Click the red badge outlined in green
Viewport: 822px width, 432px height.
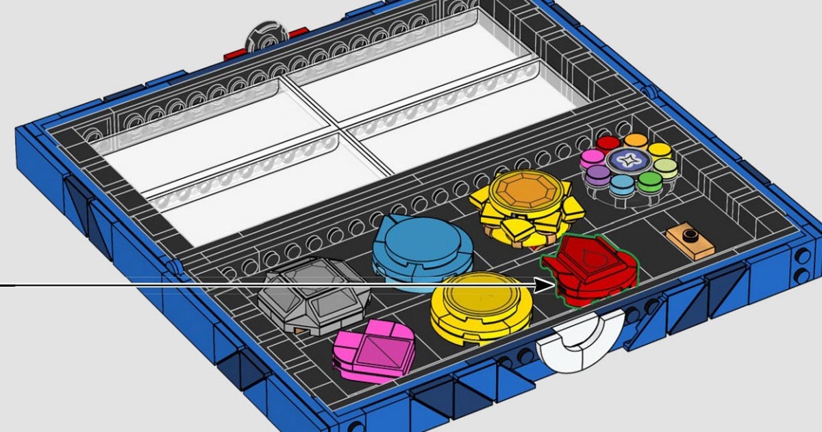[x=589, y=271]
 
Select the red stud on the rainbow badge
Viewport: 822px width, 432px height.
[x=608, y=144]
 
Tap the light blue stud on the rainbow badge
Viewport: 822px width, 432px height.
[x=621, y=183]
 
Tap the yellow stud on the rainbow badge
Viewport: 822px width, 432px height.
[x=659, y=149]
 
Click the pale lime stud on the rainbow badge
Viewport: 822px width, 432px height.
[x=664, y=166]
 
